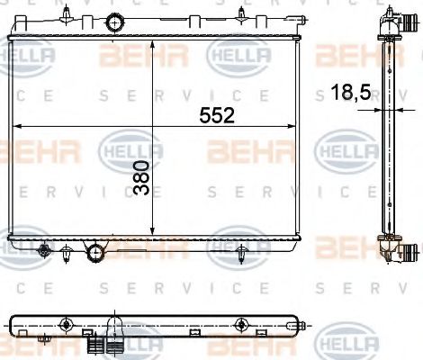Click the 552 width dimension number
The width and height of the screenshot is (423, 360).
216,114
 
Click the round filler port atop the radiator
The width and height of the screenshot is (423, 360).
114,22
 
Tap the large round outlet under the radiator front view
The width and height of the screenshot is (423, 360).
93,252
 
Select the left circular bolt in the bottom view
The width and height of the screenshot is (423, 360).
66,325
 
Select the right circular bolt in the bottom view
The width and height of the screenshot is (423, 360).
239,325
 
